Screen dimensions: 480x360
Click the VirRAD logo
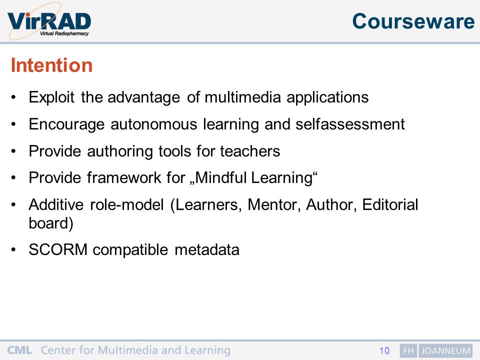click(x=49, y=21)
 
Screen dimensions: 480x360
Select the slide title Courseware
click(x=413, y=21)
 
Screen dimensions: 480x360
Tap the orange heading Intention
click(x=51, y=65)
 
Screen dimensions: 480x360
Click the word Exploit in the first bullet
click(x=51, y=97)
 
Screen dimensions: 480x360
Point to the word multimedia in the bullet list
click(x=243, y=97)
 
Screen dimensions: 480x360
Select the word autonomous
click(x=153, y=124)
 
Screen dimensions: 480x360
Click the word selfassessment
click(x=350, y=124)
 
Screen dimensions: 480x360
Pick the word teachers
click(x=250, y=151)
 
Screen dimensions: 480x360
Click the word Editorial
click(x=390, y=204)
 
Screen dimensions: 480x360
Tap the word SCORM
click(x=58, y=249)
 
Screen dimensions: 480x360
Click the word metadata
click(x=207, y=249)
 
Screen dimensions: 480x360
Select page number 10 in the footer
click(x=384, y=350)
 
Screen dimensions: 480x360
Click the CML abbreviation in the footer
click(x=19, y=350)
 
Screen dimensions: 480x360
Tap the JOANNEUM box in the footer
click(x=445, y=351)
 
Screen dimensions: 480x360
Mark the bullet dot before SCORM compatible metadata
click(x=13, y=250)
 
